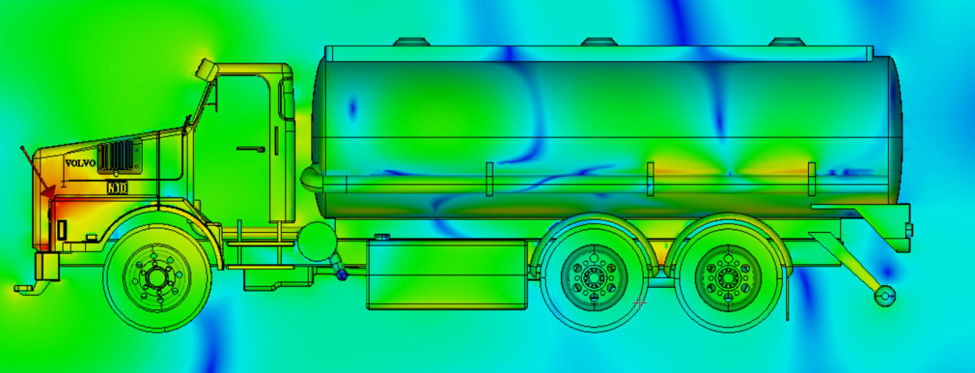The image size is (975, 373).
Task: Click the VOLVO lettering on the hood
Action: [80, 164]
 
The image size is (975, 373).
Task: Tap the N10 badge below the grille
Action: [117, 188]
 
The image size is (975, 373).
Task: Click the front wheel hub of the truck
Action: [156, 277]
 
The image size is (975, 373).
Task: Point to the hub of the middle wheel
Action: [594, 277]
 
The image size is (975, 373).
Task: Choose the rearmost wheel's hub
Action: [728, 277]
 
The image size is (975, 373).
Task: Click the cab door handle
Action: [251, 149]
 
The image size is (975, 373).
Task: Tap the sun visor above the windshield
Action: [206, 70]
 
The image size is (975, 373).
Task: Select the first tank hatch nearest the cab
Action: [411, 42]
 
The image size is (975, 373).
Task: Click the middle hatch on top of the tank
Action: [600, 42]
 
